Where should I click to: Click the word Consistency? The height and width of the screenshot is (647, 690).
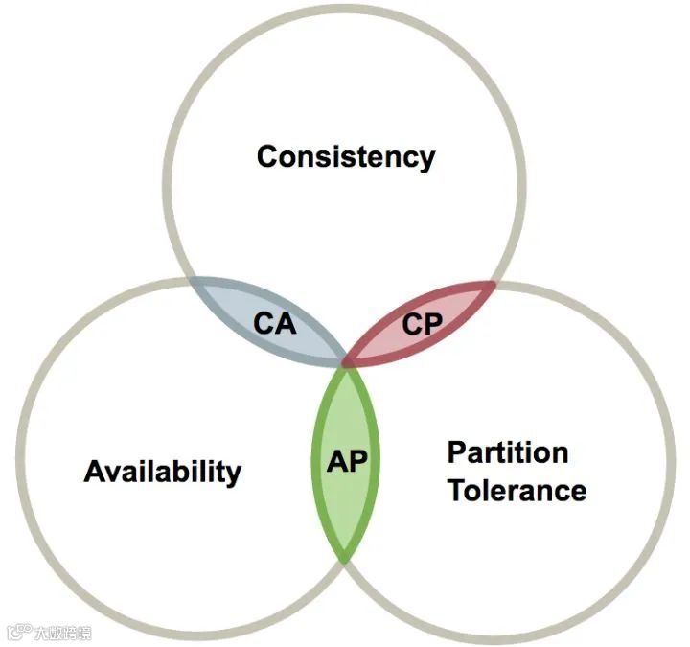pyautogui.click(x=345, y=156)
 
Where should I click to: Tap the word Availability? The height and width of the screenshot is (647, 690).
pyautogui.click(x=163, y=472)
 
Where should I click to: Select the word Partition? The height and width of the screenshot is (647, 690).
pyautogui.click(x=508, y=451)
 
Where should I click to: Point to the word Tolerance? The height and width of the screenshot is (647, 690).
pyautogui.click(x=517, y=491)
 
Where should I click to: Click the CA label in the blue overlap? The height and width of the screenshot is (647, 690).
pyautogui.click(x=274, y=324)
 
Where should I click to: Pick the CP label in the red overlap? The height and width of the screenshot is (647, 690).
pyautogui.click(x=422, y=324)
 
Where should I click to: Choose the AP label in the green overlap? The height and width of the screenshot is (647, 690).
pyautogui.click(x=346, y=461)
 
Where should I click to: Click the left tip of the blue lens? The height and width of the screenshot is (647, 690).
pyautogui.click(x=192, y=281)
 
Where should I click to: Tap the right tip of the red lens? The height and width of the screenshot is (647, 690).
pyautogui.click(x=494, y=283)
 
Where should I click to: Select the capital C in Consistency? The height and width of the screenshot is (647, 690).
pyautogui.click(x=268, y=156)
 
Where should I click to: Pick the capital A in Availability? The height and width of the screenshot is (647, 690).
pyautogui.click(x=95, y=472)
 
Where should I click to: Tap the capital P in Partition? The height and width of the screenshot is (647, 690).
pyautogui.click(x=457, y=451)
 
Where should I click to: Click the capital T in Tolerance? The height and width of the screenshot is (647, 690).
pyautogui.click(x=458, y=491)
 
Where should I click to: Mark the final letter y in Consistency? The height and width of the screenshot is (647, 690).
pyautogui.click(x=425, y=159)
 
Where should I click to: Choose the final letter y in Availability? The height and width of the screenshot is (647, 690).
pyautogui.click(x=233, y=474)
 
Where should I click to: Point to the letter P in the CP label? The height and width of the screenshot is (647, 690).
pyautogui.click(x=432, y=324)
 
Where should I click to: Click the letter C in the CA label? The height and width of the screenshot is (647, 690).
pyautogui.click(x=264, y=324)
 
